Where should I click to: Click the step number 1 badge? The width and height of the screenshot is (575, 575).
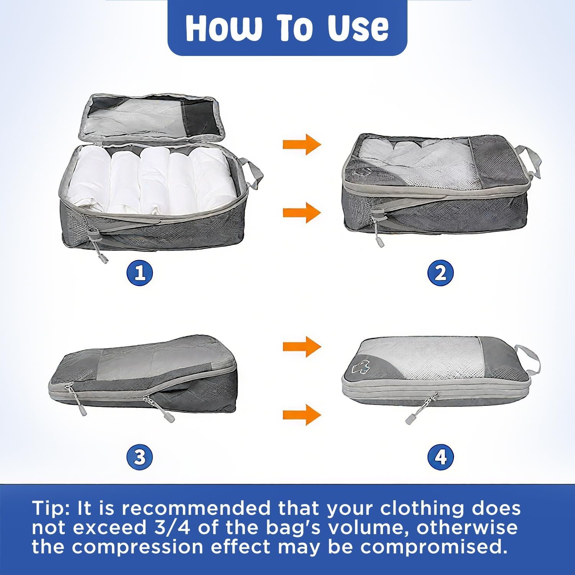(x=140, y=273)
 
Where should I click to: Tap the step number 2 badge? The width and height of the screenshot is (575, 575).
(x=440, y=273)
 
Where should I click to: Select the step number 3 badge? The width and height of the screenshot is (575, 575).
(x=140, y=457)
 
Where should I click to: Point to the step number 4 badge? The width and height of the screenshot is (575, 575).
(x=440, y=457)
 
